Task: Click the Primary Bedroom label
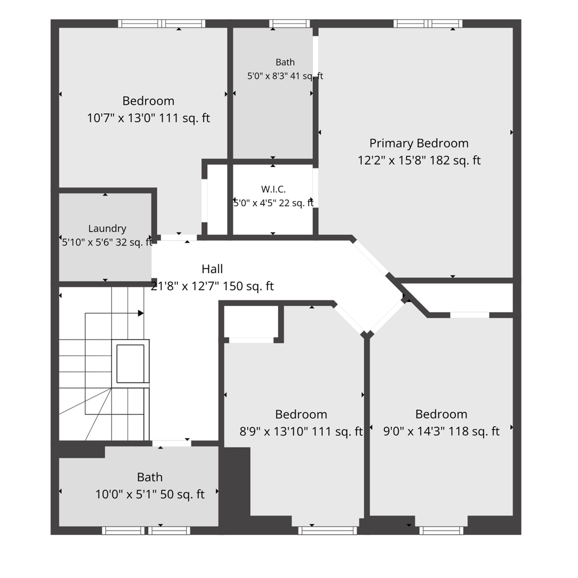[419, 143]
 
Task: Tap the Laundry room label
[107, 229]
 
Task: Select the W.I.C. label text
[273, 189]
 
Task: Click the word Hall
[212, 269]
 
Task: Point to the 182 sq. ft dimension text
[455, 160]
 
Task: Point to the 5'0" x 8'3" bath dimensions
[267, 76]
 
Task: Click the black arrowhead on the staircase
[141, 313]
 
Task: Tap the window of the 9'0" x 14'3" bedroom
[441, 531]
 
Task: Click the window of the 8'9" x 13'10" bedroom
[328, 531]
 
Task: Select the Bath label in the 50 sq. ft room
[150, 477]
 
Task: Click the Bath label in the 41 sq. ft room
[285, 62]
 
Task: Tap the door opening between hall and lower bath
[172, 443]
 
